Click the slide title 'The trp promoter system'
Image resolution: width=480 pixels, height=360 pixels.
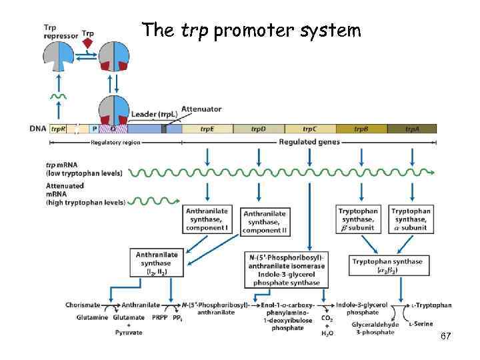click(251, 31)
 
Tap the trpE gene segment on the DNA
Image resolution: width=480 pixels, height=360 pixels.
click(207, 129)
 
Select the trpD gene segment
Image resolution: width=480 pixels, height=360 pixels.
click(258, 129)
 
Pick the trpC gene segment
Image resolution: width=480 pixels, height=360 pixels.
click(309, 129)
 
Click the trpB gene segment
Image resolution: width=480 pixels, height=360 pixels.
click(361, 129)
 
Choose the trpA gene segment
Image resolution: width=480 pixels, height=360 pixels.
click(411, 129)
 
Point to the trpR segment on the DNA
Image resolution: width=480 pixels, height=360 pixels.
click(59, 129)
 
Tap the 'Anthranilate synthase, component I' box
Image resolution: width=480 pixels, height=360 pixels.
click(207, 219)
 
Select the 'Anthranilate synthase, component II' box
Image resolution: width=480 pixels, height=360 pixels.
click(264, 222)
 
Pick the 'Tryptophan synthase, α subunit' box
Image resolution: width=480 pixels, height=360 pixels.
click(411, 219)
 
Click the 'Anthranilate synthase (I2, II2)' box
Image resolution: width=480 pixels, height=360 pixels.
click(157, 263)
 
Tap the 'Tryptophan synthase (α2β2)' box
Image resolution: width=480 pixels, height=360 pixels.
click(387, 265)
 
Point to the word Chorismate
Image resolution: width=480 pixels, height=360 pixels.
click(83, 305)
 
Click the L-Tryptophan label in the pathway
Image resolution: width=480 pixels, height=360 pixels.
click(431, 305)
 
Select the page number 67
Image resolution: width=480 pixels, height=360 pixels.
click(446, 337)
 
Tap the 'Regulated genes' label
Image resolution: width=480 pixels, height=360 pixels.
click(309, 142)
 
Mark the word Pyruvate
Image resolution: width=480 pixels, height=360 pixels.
click(128, 332)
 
